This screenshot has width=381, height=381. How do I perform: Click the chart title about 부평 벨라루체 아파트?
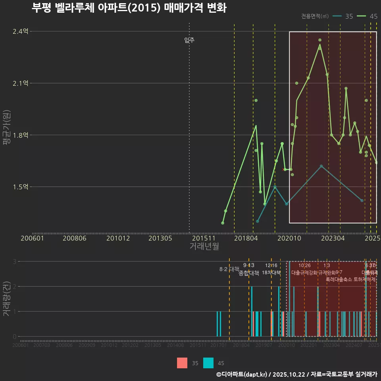[x=129, y=8]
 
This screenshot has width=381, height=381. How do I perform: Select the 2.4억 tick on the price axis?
[x=21, y=31]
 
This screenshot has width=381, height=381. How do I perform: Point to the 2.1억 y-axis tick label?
[x=21, y=83]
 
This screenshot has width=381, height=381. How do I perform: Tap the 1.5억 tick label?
[x=21, y=187]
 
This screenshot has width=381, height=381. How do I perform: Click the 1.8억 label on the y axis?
[x=21, y=135]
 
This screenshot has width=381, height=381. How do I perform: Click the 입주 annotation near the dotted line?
[x=189, y=40]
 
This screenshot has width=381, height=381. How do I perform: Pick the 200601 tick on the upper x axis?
[x=32, y=238]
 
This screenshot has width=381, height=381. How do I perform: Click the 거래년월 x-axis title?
[x=204, y=246]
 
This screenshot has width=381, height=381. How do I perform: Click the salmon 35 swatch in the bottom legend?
[x=182, y=363]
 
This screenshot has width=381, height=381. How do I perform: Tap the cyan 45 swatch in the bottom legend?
[x=208, y=363]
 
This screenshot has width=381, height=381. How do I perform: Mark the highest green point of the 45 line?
[x=319, y=40]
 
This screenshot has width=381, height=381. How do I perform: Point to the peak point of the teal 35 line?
[x=321, y=166]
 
